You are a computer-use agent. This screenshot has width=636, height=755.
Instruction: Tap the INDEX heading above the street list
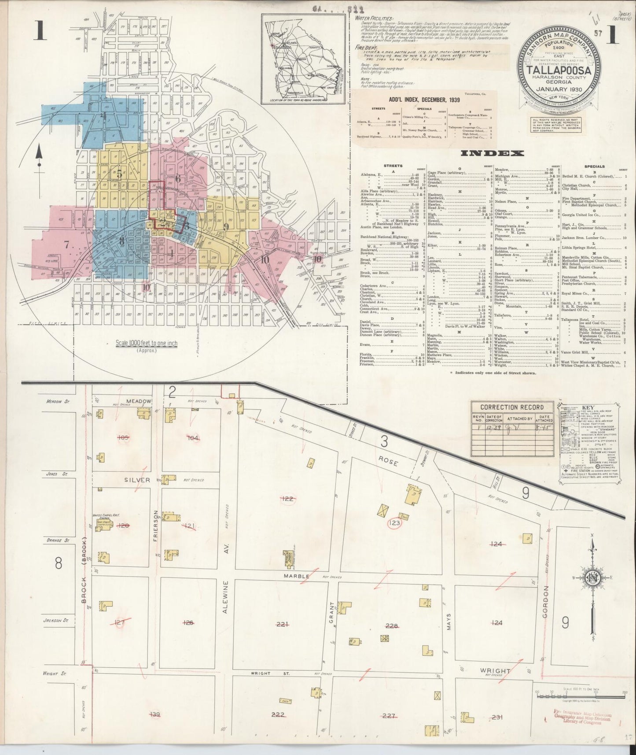tap(492, 153)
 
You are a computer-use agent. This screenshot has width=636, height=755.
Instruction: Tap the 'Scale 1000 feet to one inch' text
tap(146, 343)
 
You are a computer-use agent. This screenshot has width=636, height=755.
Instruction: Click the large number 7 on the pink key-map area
tap(67, 246)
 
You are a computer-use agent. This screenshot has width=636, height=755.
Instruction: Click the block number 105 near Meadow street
tap(122, 437)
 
